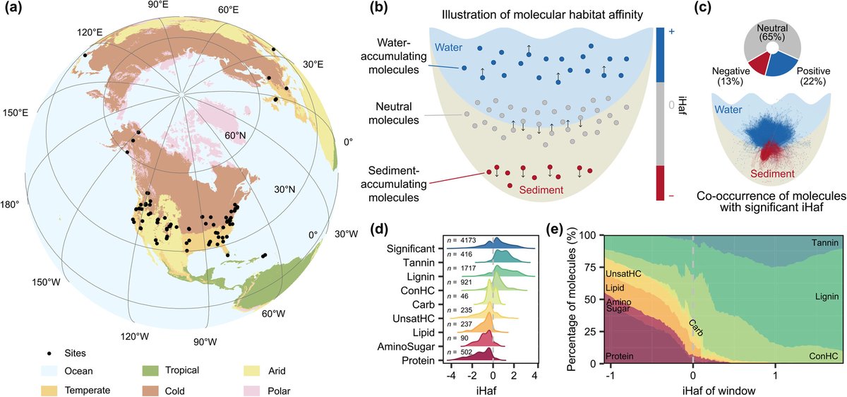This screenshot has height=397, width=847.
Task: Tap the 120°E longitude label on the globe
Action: (90, 34)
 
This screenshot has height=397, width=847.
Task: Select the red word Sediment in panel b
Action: (542, 189)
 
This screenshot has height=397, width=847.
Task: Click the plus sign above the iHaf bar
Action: (671, 32)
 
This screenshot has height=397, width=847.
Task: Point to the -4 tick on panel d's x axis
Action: (449, 374)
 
